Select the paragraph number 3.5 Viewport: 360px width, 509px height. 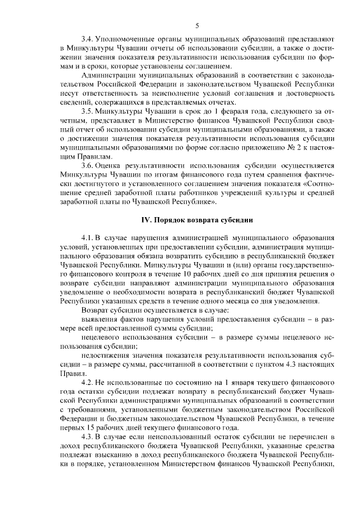(x=87, y=111)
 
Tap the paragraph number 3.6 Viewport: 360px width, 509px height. (x=87, y=165)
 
